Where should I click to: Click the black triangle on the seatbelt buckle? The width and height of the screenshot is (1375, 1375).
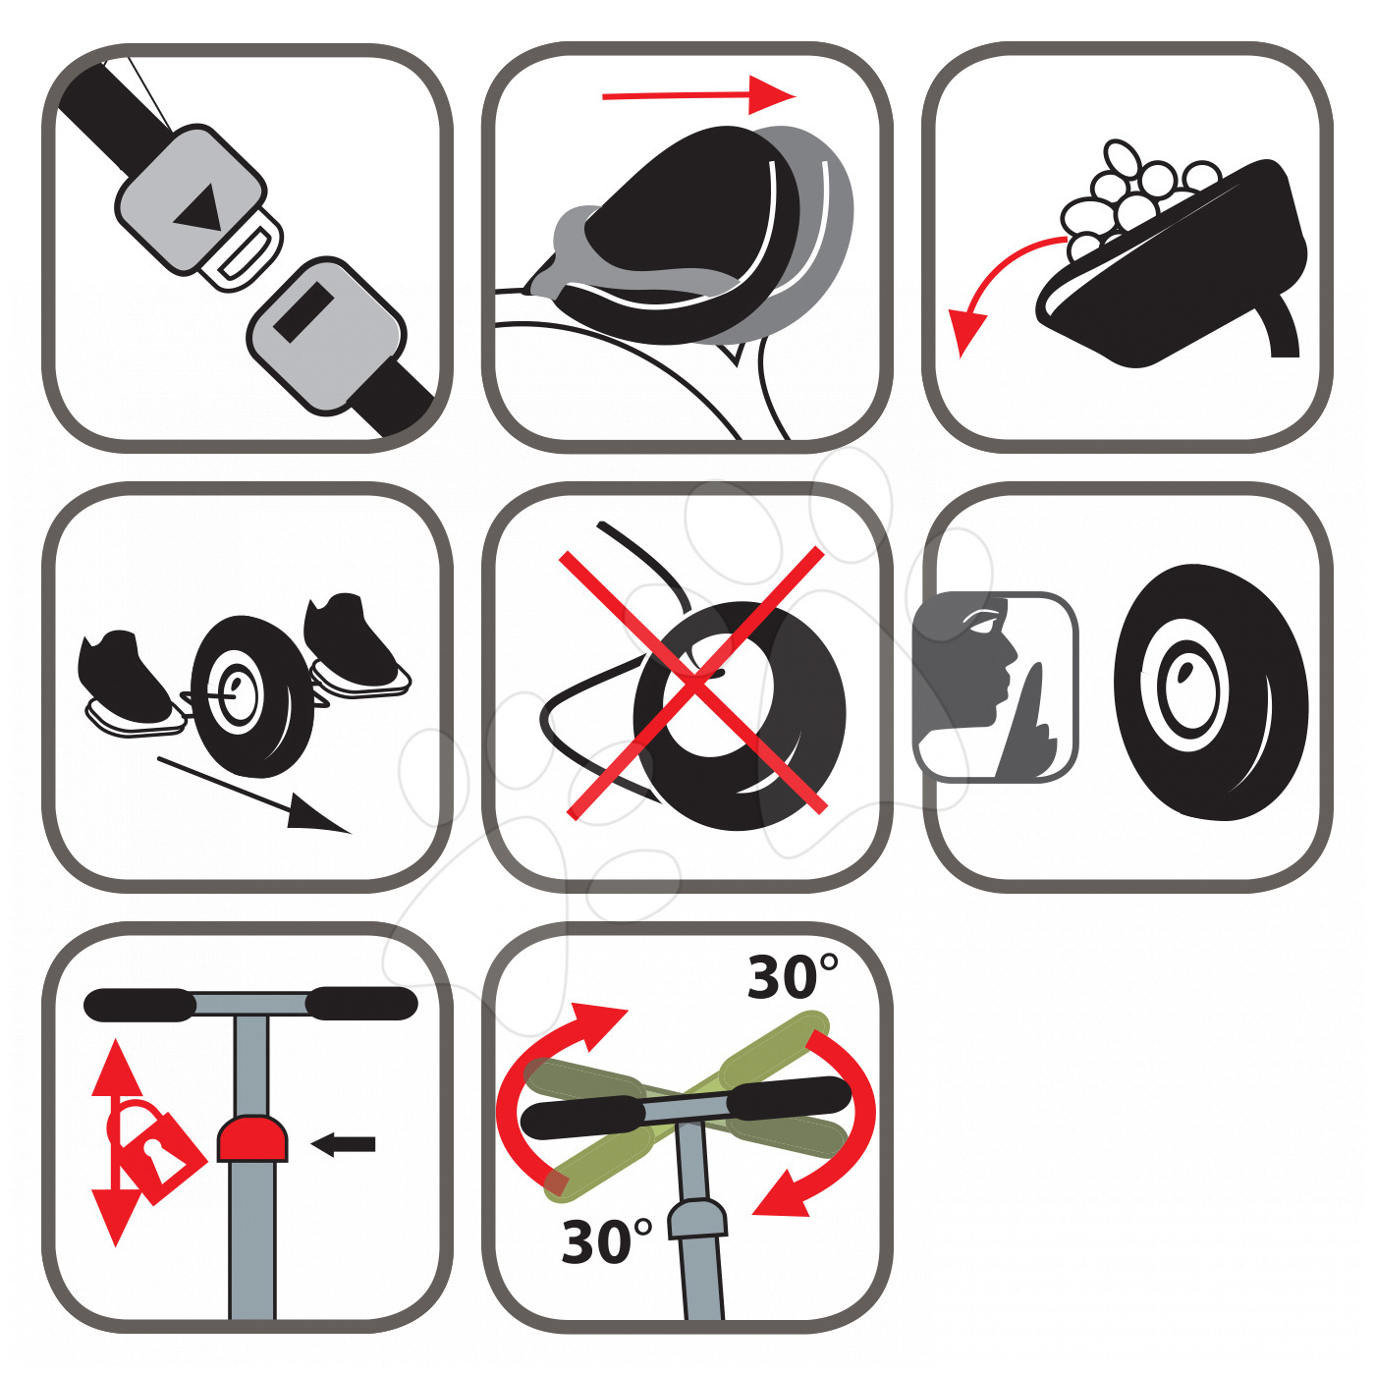(197, 207)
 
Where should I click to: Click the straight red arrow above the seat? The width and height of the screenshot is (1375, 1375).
(698, 95)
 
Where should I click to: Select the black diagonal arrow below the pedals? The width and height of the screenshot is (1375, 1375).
(253, 796)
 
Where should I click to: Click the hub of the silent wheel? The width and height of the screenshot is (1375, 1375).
(1186, 685)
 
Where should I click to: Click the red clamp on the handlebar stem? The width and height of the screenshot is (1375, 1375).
(252, 1137)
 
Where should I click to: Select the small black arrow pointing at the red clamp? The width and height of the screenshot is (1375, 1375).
(343, 1144)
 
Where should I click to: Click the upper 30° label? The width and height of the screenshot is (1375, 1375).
(793, 977)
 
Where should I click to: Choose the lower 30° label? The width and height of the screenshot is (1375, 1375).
(607, 1242)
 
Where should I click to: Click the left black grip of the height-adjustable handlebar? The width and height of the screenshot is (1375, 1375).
(139, 1005)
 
